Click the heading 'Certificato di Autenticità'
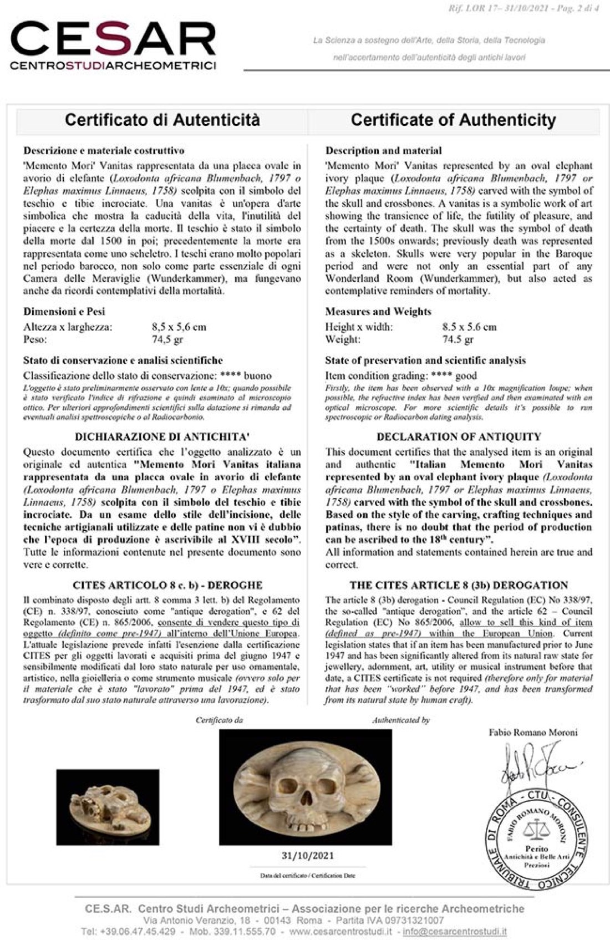(x=162, y=120)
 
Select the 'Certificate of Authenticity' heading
(x=453, y=120)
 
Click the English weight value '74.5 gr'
(x=458, y=339)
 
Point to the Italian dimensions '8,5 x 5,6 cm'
(x=179, y=327)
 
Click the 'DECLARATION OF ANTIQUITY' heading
(x=459, y=436)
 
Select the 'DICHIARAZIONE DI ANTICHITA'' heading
(x=161, y=436)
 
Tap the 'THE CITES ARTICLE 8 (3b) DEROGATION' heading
(x=459, y=585)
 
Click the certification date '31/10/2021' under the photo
(x=308, y=855)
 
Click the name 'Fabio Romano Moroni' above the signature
(x=533, y=733)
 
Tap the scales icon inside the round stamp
(x=536, y=829)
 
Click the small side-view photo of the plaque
(x=104, y=807)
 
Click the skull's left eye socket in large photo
(x=289, y=785)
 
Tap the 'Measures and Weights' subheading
(x=378, y=312)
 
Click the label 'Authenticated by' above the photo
(x=400, y=720)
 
